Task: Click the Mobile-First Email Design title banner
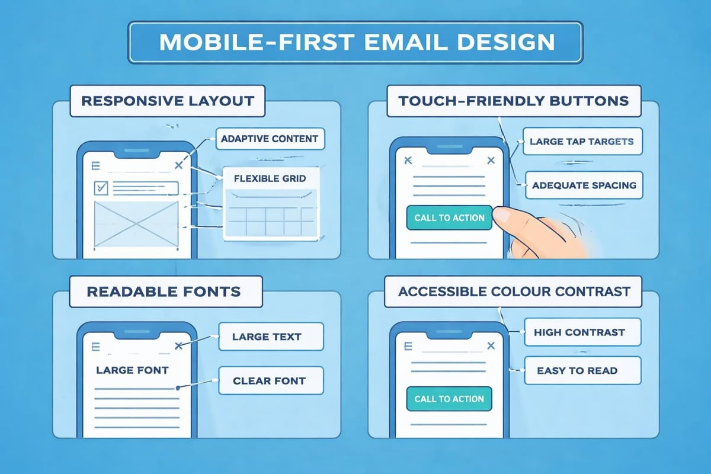click(x=355, y=42)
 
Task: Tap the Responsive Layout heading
click(x=168, y=100)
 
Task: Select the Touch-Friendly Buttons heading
click(x=513, y=100)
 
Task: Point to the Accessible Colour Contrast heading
click(x=513, y=291)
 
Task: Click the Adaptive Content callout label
click(x=270, y=139)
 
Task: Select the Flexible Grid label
click(x=270, y=178)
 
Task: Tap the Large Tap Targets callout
click(x=582, y=142)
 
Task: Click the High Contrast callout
click(x=579, y=332)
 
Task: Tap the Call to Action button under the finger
click(x=449, y=217)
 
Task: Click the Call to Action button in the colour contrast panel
click(x=449, y=399)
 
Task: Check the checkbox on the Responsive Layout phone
click(x=101, y=188)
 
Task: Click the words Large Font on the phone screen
click(x=132, y=370)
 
